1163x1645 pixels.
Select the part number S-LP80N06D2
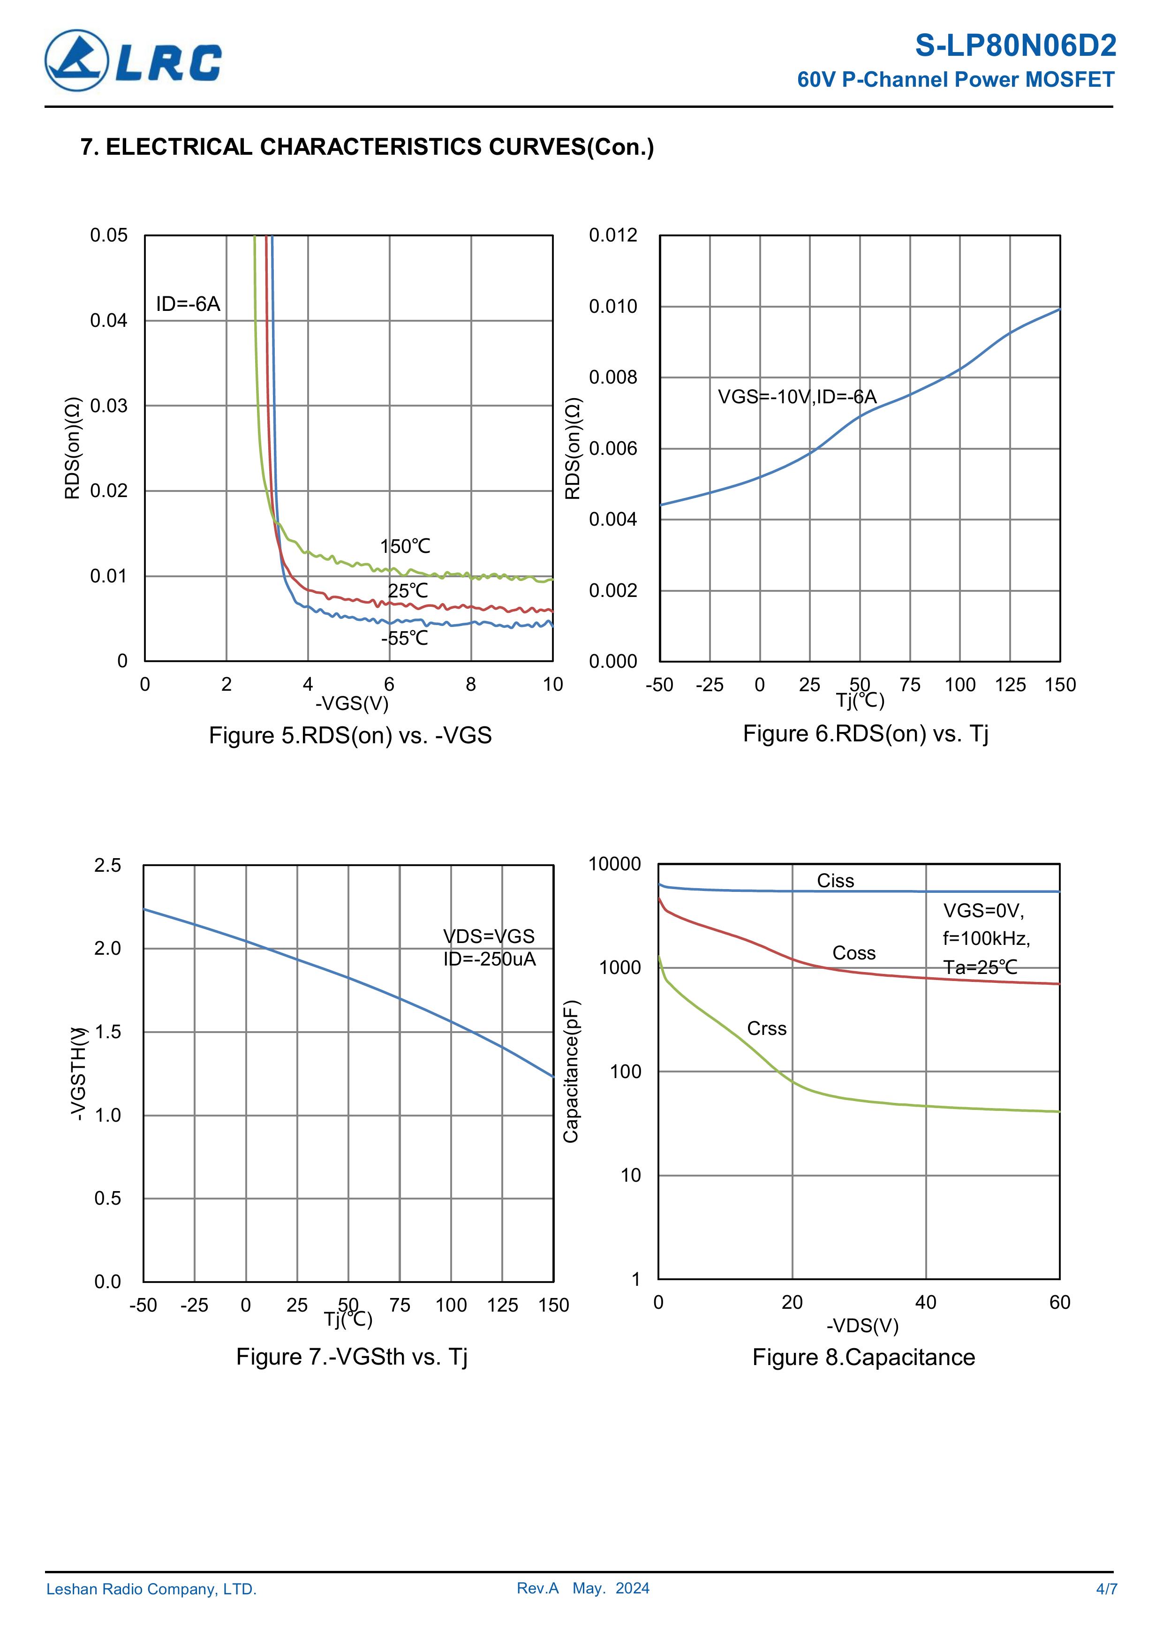[1015, 46]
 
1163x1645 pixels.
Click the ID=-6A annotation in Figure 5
[188, 304]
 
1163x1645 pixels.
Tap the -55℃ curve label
[405, 638]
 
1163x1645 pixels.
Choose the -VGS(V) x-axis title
[352, 703]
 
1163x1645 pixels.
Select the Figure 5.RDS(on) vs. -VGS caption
[350, 736]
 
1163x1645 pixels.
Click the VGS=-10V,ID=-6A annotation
[797, 397]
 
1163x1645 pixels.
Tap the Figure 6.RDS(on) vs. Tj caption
[865, 734]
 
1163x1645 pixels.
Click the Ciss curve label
[836, 881]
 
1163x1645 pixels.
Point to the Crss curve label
[767, 1029]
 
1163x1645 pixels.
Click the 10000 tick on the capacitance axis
[614, 865]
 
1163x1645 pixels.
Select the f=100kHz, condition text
[986, 939]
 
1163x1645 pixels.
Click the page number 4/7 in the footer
[1106, 1589]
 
